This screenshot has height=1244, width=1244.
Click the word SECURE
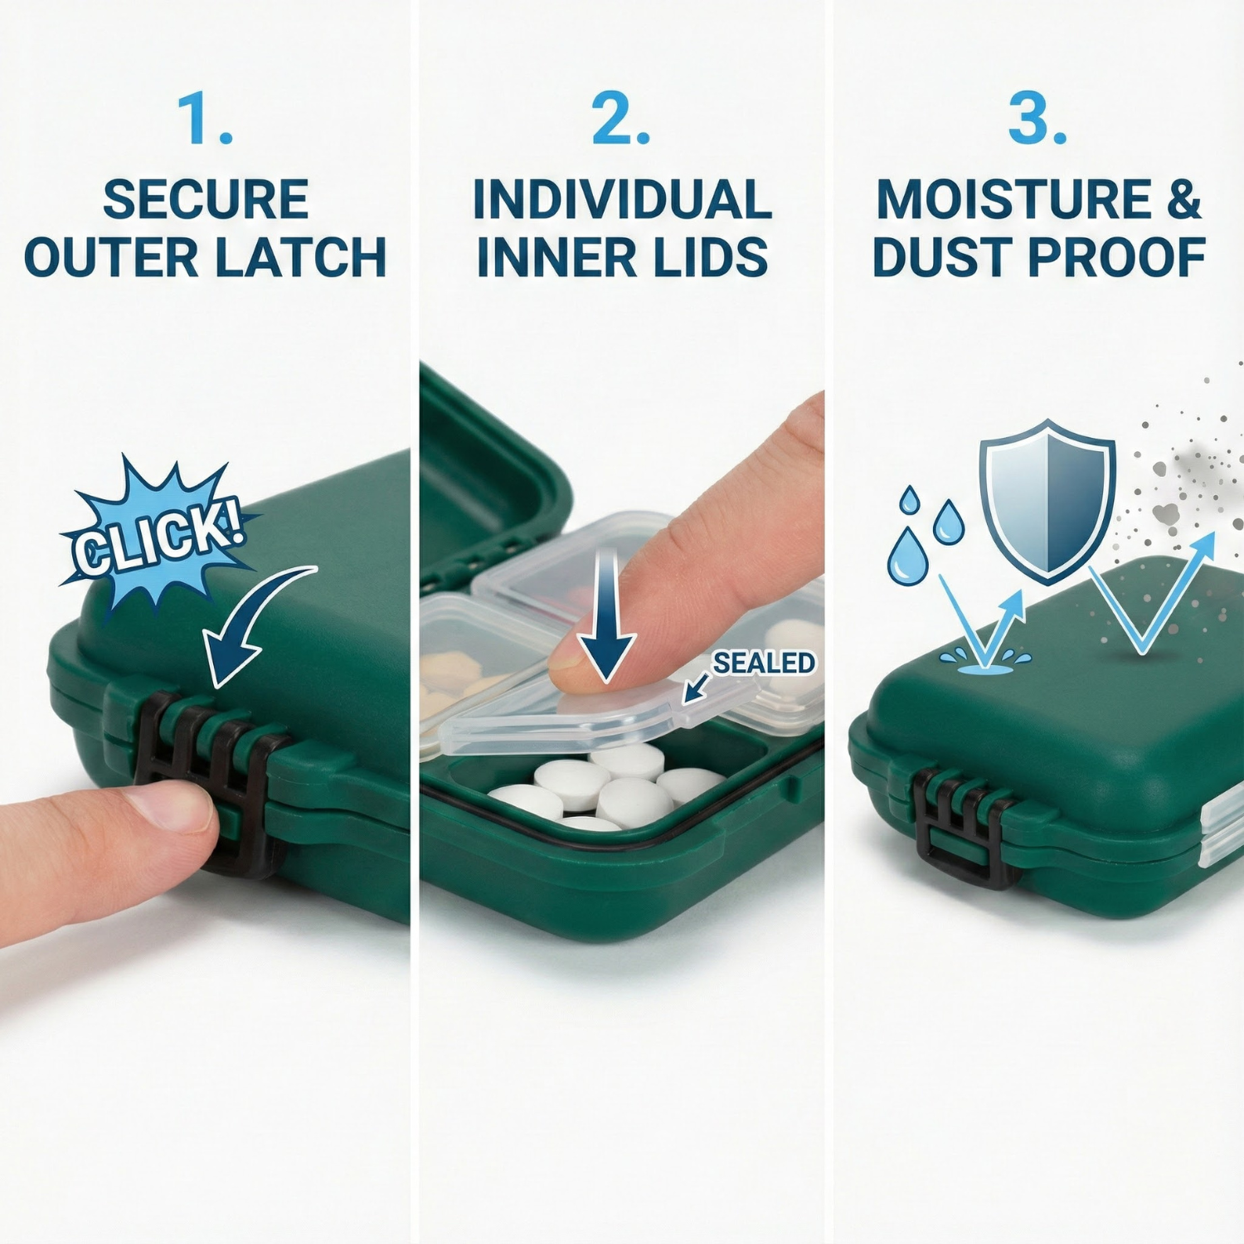coord(206,200)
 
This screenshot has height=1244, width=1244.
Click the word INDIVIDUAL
coord(622,200)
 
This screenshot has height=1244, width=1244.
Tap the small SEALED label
coord(764,663)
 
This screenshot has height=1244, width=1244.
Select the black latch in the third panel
coord(965,825)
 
